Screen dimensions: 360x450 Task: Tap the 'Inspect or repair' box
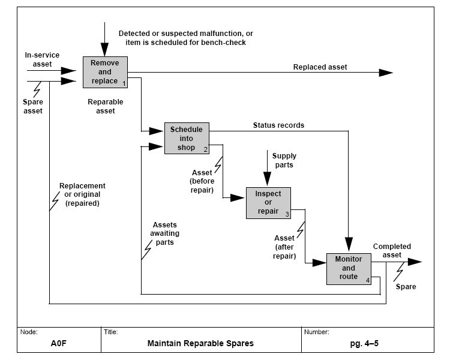coord(268,203)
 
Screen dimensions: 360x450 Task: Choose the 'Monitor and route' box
coord(349,268)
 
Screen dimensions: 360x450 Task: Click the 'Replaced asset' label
coord(320,67)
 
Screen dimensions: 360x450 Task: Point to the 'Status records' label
coord(278,125)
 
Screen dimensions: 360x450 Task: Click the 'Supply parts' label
coord(284,160)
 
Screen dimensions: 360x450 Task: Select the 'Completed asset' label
coord(392,250)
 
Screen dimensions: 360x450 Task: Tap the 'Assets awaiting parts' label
coord(164,233)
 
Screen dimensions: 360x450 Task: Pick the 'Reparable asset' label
coord(106,106)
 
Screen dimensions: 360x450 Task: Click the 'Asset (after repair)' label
coord(285,247)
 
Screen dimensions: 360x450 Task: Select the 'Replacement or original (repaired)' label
coord(83,194)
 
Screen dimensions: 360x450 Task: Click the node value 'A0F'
coord(58,344)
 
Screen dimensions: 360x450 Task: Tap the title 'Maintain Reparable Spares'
coord(200,344)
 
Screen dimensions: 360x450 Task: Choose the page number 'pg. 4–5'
coord(367,344)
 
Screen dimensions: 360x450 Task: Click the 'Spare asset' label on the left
coord(33,106)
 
